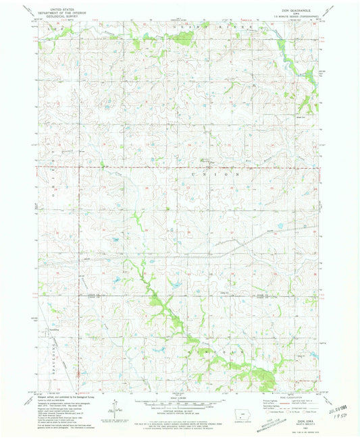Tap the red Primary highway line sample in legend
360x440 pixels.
pyautogui.click(x=286, y=404)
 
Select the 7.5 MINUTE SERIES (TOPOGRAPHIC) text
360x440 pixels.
pyautogui.click(x=300, y=16)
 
